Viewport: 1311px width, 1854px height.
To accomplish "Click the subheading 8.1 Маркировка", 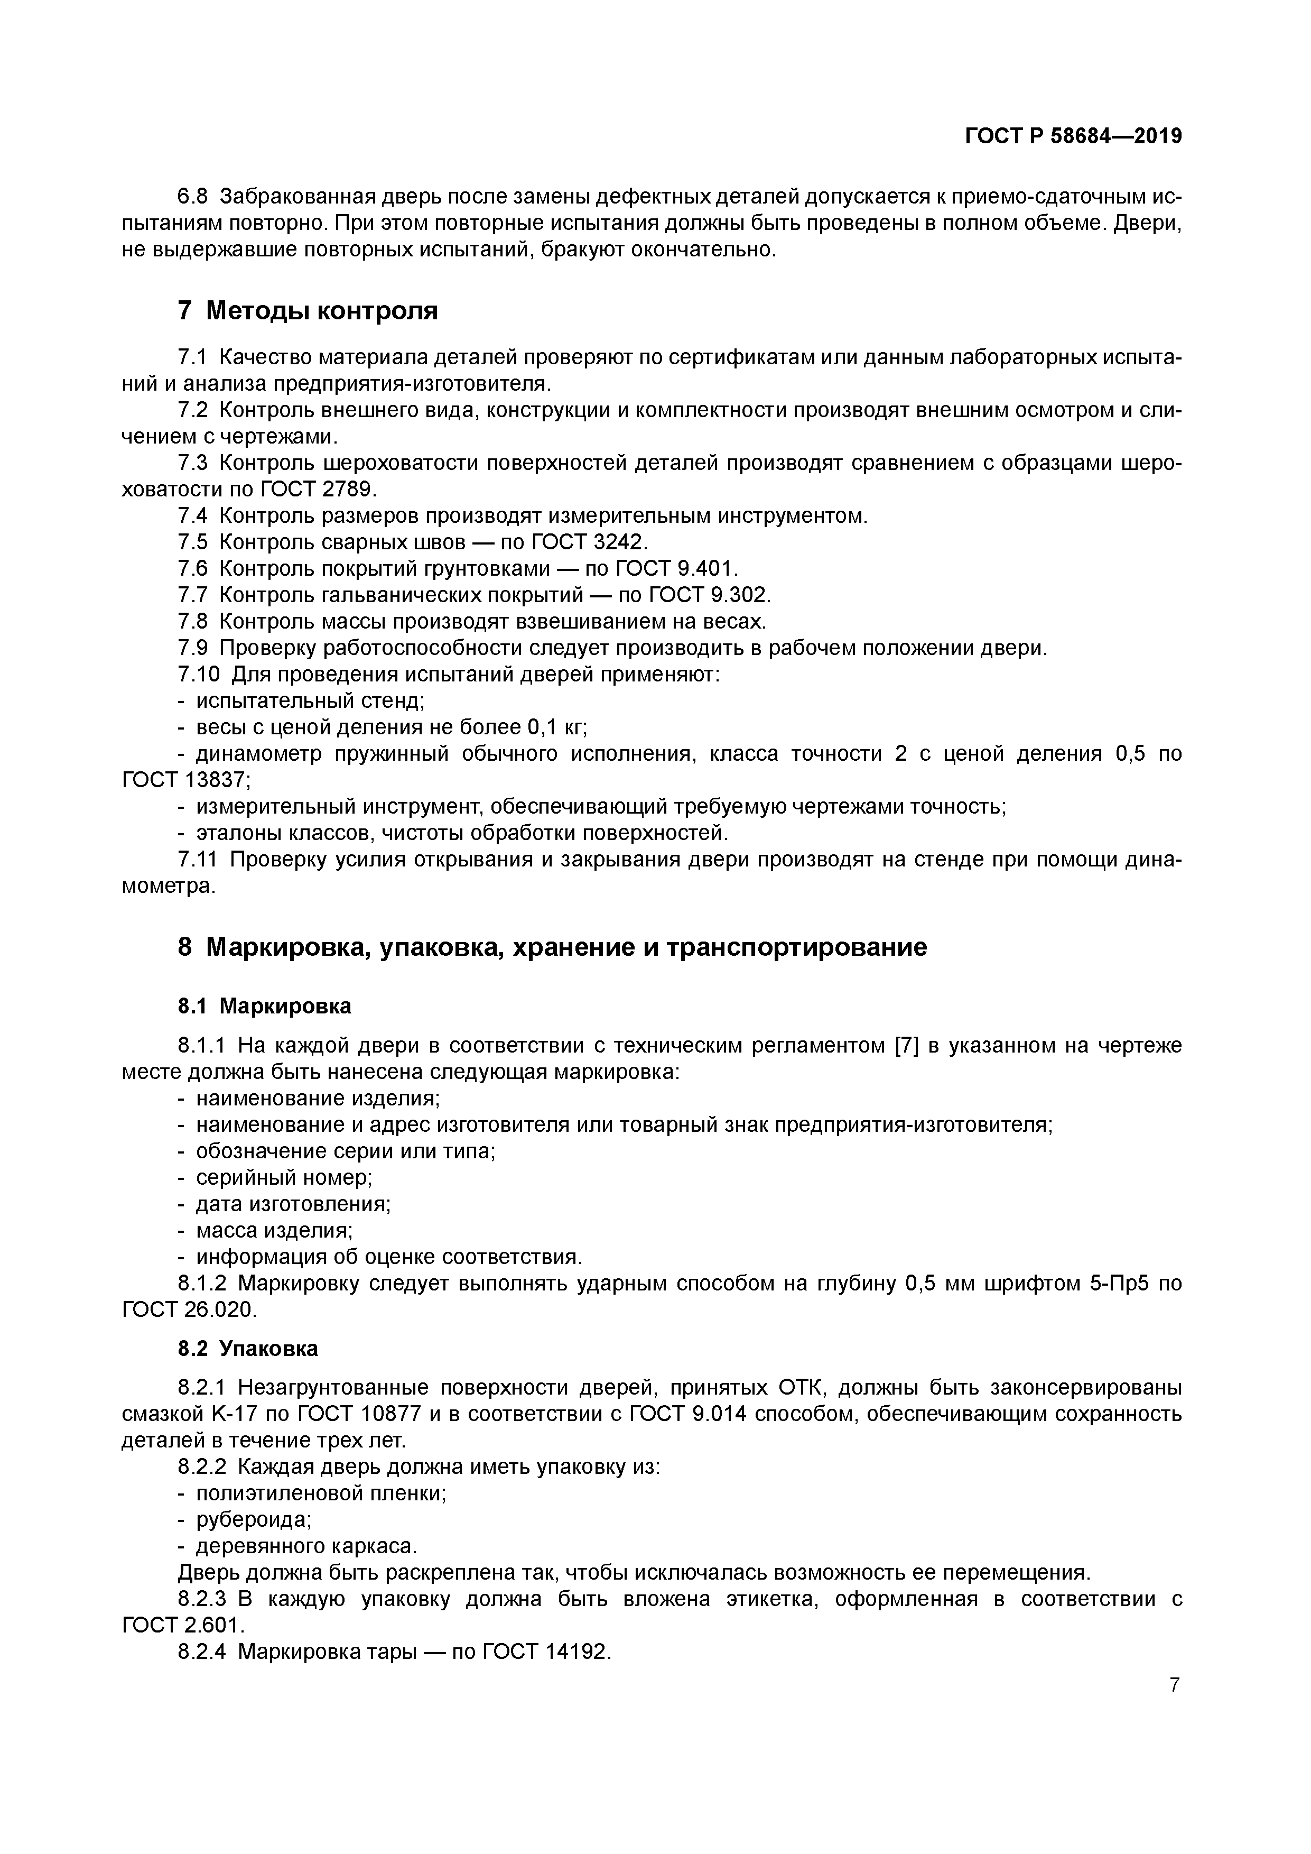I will (265, 1006).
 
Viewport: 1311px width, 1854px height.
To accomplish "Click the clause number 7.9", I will (193, 649).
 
